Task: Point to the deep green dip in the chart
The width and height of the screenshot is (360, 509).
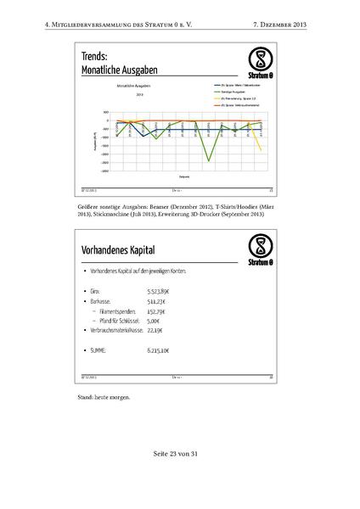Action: tap(209, 160)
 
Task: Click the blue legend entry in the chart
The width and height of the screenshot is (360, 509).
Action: tap(233, 86)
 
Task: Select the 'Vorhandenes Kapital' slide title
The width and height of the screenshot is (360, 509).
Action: tap(124, 252)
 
